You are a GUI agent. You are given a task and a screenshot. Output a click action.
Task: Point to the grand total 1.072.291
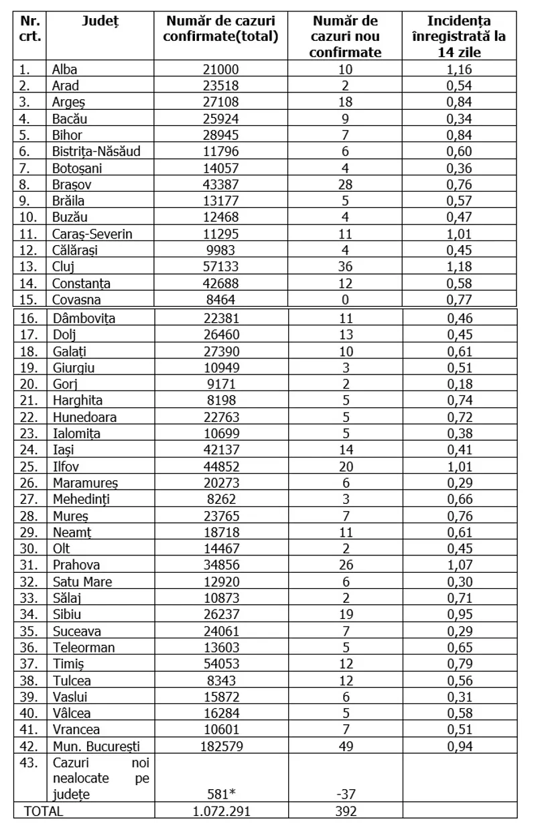[x=221, y=811]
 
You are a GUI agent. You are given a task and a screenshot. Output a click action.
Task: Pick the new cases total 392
[x=346, y=811]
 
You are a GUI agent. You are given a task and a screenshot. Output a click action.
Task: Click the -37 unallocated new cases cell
[x=346, y=795]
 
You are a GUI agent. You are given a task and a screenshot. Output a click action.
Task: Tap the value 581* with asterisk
[x=221, y=795]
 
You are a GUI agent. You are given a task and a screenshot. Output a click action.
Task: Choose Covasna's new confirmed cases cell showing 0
[x=346, y=300]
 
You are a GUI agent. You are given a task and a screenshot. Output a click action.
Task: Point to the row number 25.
[x=27, y=466]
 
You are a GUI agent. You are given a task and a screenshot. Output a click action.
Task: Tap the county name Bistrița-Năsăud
[x=96, y=151]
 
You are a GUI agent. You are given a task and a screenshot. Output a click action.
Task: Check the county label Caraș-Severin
[x=92, y=234]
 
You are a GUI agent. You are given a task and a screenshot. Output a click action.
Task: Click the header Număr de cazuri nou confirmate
[x=346, y=36]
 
